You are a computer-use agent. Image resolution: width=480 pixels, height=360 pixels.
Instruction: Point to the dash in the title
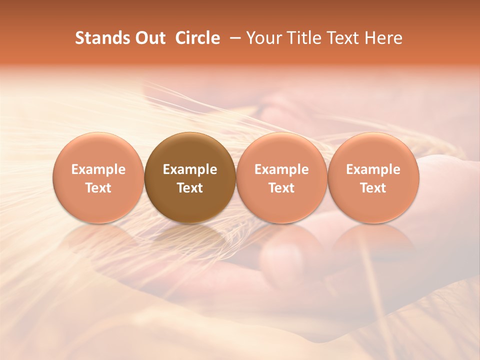pyautogui.click(x=233, y=38)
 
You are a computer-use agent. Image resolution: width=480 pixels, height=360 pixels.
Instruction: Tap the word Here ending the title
pyautogui.click(x=384, y=38)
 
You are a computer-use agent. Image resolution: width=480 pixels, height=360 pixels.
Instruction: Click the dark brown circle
pyautogui.click(x=190, y=178)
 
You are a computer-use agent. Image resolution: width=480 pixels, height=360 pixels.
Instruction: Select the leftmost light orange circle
pyautogui.click(x=98, y=178)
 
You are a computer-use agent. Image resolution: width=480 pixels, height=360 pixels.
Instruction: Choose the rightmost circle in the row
pyautogui.click(x=373, y=178)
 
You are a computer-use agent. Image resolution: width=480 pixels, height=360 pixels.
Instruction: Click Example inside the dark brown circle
pyautogui.click(x=190, y=169)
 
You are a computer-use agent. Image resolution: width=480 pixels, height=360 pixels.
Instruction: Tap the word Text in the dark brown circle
pyautogui.click(x=190, y=188)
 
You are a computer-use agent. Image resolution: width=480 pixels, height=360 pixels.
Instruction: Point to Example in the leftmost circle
pyautogui.click(x=98, y=169)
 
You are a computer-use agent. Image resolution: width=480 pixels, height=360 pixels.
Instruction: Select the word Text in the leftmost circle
pyautogui.click(x=98, y=188)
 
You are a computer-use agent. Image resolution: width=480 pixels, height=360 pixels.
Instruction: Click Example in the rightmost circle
pyautogui.click(x=373, y=169)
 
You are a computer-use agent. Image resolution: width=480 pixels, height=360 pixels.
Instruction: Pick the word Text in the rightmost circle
pyautogui.click(x=373, y=188)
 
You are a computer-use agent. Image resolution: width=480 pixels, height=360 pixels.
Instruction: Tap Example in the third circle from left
pyautogui.click(x=281, y=169)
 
